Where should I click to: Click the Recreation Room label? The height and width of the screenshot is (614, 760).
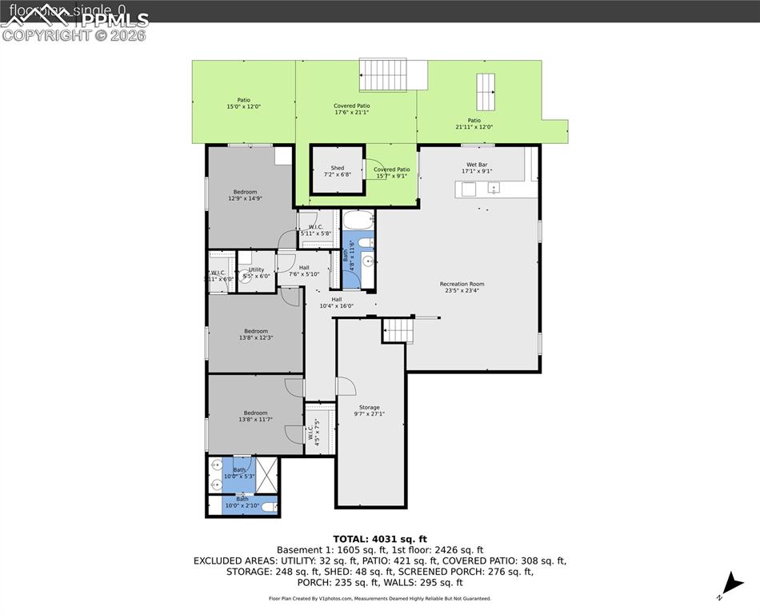point(462,287)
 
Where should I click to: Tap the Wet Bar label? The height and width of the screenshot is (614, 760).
point(476,168)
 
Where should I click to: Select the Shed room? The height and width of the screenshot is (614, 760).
point(338,170)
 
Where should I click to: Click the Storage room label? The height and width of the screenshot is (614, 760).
point(369,410)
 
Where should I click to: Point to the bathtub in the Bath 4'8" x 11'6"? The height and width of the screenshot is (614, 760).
point(357,219)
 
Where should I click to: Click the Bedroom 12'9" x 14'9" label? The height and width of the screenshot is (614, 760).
point(245,195)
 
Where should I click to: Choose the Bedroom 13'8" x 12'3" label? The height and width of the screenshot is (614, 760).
point(256,334)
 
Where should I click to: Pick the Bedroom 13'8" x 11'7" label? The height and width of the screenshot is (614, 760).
point(255,416)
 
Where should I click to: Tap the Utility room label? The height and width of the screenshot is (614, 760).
point(256,273)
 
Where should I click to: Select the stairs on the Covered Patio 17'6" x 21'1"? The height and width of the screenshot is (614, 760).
point(393,74)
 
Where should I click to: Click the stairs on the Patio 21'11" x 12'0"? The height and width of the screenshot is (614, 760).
point(486,92)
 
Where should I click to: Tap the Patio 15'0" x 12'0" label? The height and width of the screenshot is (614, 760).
point(243,103)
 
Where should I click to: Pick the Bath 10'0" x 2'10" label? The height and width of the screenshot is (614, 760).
point(242,502)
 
